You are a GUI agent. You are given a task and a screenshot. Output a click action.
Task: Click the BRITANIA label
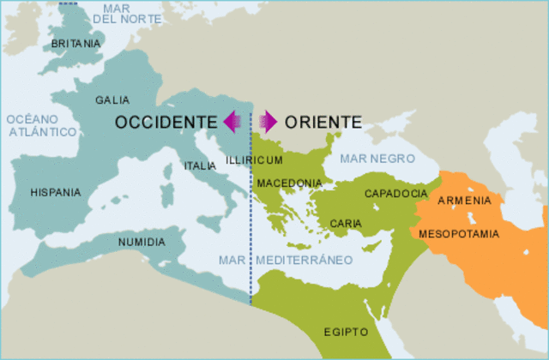tap(76, 44)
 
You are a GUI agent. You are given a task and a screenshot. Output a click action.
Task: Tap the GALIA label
tap(113, 100)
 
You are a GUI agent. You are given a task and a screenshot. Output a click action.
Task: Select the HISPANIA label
tap(55, 193)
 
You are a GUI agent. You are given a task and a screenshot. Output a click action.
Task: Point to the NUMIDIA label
tap(142, 243)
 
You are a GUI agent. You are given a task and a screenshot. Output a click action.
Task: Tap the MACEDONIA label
tap(289, 183)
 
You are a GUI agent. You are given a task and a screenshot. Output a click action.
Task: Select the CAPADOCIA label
tap(396, 194)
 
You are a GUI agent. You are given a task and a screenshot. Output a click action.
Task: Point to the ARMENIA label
tap(464, 201)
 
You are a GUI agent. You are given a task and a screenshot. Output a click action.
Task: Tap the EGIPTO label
tap(346, 332)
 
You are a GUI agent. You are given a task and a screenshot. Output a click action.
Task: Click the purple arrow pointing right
tap(268, 122)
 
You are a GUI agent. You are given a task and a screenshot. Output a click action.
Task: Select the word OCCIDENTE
tap(166, 122)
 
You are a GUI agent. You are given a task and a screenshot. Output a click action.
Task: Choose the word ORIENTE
tap(323, 122)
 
